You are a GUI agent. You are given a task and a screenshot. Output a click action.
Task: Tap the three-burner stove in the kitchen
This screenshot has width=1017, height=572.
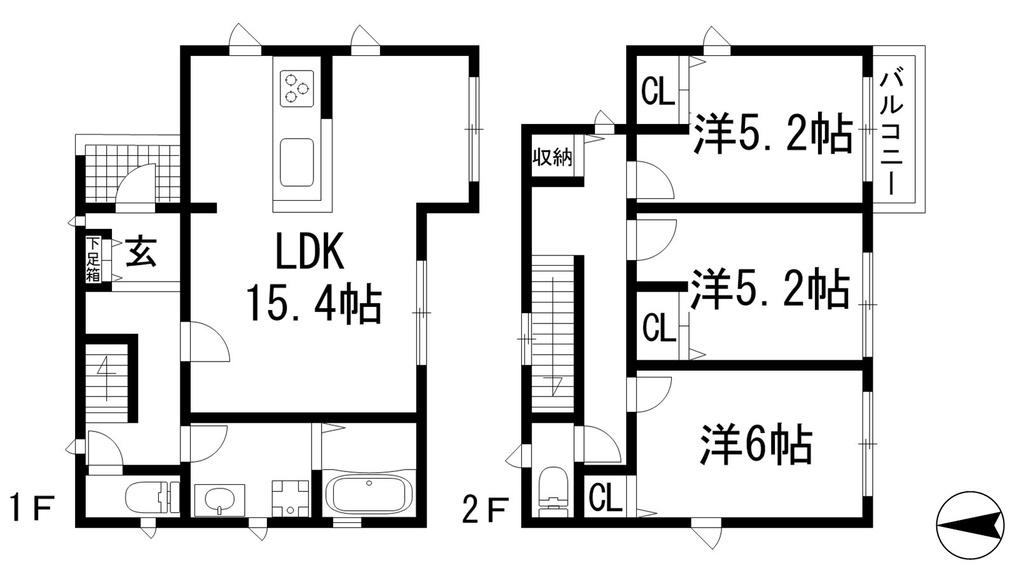point(297,87)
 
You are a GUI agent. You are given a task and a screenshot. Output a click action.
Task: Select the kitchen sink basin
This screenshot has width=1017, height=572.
point(297,163)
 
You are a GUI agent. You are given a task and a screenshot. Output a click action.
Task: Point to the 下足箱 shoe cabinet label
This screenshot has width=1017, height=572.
point(93,259)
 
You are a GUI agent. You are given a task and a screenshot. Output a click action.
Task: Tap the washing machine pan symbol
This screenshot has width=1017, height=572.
point(290,499)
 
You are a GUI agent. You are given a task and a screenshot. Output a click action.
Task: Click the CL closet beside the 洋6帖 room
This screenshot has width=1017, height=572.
point(604,498)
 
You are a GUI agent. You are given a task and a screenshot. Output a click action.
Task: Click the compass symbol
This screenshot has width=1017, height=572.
point(970,525)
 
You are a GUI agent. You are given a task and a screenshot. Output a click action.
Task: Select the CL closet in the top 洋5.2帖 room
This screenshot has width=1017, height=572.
point(657,92)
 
